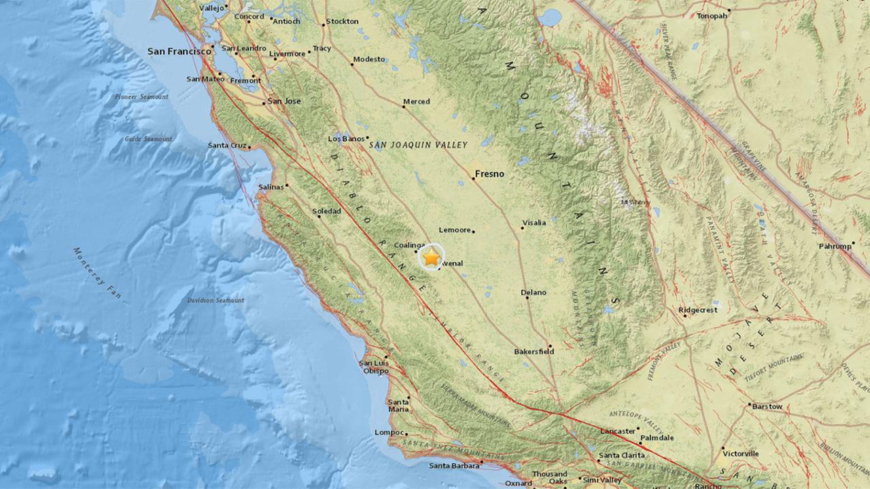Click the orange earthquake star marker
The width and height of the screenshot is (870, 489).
(431, 257)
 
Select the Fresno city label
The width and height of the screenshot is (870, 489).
(489, 174)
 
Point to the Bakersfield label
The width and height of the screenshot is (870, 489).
(534, 351)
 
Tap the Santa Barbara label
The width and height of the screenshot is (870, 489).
(454, 465)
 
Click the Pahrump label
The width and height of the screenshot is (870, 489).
(835, 246)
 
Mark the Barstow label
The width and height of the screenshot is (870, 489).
(767, 406)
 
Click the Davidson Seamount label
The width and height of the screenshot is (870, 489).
(215, 300)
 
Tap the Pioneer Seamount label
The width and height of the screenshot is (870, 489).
(141, 97)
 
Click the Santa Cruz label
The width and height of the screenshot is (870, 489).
(228, 145)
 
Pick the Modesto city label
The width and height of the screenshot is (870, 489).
(370, 59)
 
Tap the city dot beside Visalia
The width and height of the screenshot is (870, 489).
(522, 228)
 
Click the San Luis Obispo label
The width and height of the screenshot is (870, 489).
(374, 367)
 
